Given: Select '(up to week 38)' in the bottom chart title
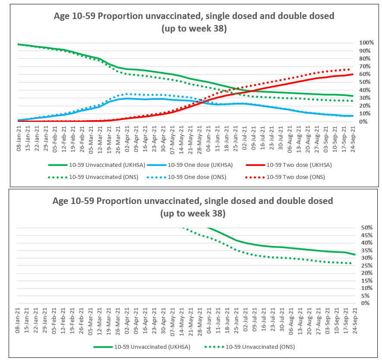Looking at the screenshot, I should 193,213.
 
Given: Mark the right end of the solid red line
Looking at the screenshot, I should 354,74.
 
